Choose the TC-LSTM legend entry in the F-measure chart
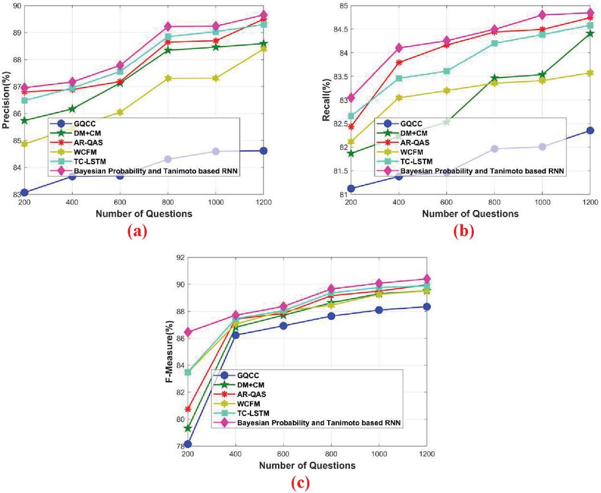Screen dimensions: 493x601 (x=254, y=414)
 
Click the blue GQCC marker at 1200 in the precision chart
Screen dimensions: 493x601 (x=264, y=151)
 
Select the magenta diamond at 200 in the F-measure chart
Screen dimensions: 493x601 (x=188, y=332)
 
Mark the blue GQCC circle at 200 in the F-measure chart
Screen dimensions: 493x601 (x=188, y=444)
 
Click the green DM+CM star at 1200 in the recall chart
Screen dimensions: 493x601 (x=591, y=33)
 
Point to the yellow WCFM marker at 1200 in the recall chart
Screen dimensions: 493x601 (x=591, y=73)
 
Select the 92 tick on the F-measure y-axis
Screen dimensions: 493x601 (x=178, y=259)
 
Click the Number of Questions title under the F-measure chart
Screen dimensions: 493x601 (x=308, y=465)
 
